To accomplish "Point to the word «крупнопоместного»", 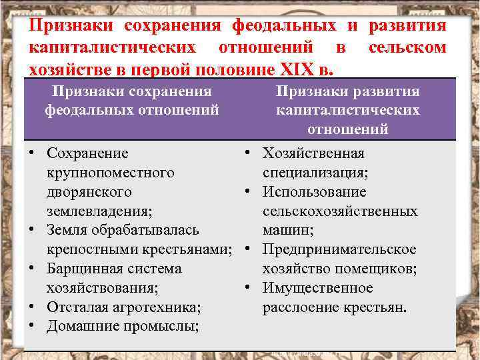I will [111, 173].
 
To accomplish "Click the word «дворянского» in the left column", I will [89, 192].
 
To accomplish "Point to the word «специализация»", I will [315, 173].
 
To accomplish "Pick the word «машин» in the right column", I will [283, 231].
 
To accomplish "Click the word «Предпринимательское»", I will [339, 250].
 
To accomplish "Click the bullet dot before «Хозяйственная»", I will [247, 153].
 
